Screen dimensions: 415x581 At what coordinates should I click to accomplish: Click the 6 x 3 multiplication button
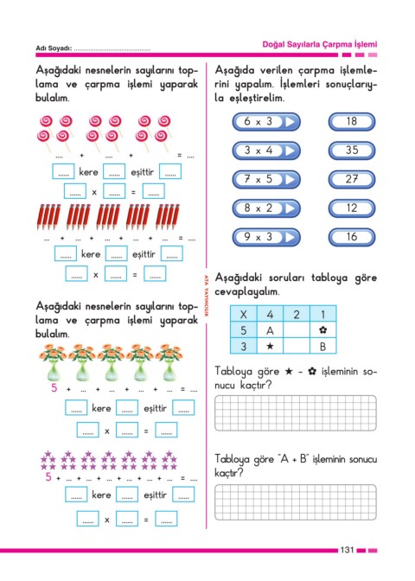266,122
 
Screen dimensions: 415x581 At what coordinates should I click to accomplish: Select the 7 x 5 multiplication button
266,179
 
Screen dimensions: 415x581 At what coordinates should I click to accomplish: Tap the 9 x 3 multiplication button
266,237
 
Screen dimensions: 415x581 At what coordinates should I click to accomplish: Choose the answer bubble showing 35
352,150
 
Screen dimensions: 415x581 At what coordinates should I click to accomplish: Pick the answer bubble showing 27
352,179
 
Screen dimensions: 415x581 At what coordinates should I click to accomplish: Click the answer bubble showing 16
352,237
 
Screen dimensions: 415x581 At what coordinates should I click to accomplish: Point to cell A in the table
270,330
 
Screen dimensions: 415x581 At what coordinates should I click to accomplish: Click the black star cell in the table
270,346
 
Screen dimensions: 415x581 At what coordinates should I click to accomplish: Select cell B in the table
322,346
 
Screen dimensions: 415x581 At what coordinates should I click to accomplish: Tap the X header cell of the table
244,314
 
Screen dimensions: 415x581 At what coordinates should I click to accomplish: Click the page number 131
348,550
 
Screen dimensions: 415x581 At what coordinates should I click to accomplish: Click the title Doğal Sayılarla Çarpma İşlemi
319,44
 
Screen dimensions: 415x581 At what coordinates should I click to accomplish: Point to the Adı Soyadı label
54,48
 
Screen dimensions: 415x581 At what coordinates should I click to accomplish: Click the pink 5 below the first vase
54,388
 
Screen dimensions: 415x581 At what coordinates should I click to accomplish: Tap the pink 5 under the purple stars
48,477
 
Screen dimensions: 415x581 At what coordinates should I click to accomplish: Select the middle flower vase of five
112,363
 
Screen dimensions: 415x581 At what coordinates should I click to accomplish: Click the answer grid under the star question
296,413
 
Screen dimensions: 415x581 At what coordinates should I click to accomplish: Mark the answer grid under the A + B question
296,502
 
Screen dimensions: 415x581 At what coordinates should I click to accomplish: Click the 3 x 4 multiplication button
266,150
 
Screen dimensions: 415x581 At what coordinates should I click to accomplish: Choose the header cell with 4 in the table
270,314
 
